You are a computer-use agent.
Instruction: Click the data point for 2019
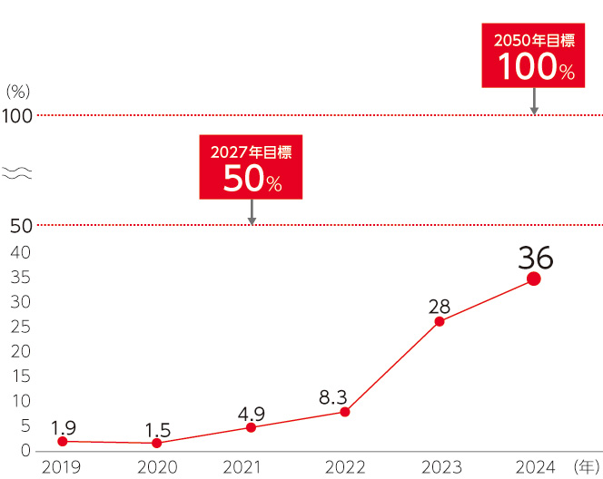point(62,442)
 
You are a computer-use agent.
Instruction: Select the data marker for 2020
point(156,444)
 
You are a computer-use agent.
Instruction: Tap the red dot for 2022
point(345,412)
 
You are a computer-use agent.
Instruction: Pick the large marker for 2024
point(534,279)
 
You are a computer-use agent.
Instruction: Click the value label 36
point(535,258)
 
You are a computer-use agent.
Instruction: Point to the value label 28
point(440,307)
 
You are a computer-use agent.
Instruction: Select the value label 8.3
point(334,396)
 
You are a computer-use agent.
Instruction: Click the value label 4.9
point(251,414)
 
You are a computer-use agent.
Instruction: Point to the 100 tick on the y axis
point(16,116)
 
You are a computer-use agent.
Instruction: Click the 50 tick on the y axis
point(21,226)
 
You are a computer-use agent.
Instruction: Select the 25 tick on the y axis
point(21,327)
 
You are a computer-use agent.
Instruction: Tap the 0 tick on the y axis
point(25,451)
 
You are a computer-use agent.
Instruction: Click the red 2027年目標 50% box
point(252,168)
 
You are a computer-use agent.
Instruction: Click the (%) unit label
point(18,92)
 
